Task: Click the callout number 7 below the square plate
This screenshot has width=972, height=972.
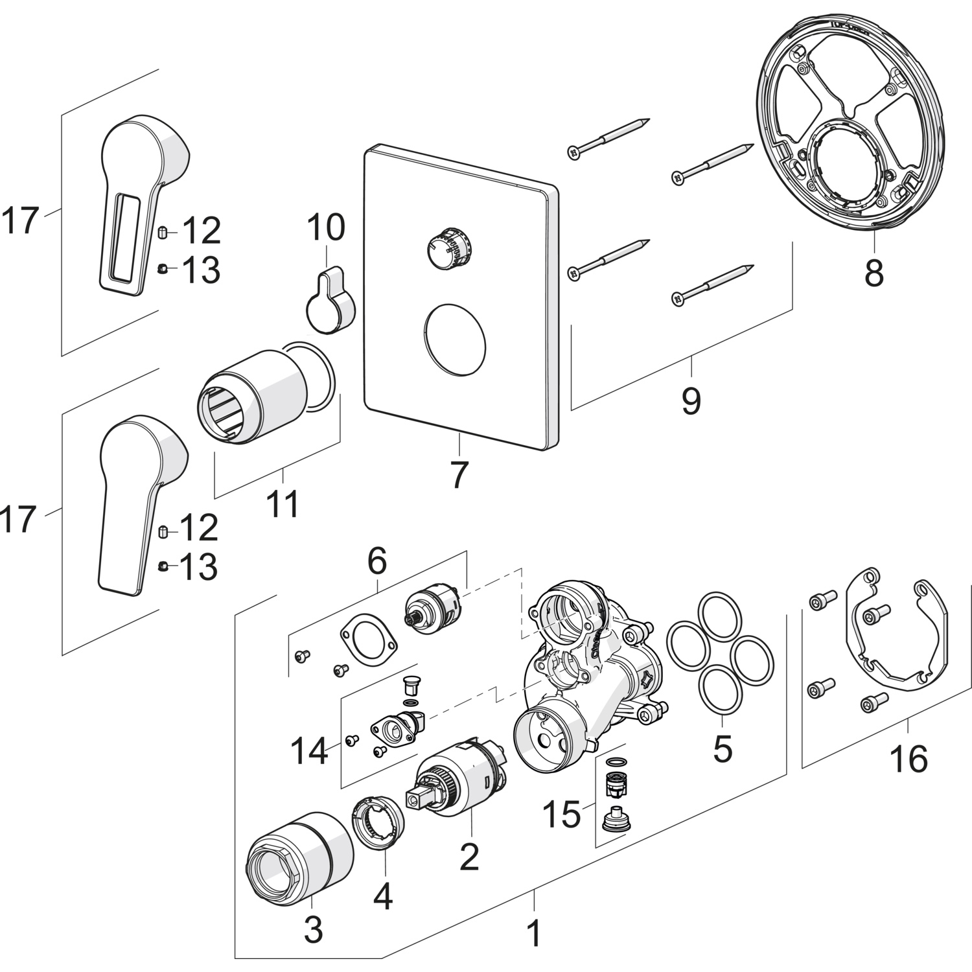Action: [458, 475]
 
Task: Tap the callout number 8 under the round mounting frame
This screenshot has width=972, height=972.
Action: [874, 273]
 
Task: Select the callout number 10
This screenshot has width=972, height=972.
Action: [326, 227]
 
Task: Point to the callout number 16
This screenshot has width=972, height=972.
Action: [908, 758]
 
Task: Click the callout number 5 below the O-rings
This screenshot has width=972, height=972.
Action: [722, 748]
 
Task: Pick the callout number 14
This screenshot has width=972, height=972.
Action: [309, 752]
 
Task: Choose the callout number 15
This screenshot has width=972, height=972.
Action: [562, 814]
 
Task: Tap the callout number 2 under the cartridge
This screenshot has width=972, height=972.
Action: [469, 857]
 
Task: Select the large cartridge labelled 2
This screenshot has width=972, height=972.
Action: [460, 781]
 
